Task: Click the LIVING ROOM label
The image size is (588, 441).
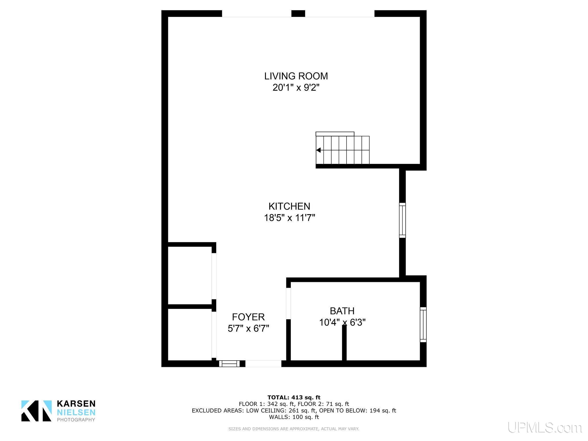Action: point(296,76)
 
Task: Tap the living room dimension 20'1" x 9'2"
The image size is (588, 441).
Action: point(296,88)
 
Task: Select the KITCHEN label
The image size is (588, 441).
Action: point(289,206)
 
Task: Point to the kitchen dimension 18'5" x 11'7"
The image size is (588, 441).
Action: point(289,218)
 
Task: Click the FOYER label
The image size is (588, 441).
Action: point(248,317)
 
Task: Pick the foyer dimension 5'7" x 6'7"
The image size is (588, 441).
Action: point(248,328)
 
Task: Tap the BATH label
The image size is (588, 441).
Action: point(342,311)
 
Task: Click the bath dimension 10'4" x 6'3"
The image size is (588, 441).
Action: point(342,322)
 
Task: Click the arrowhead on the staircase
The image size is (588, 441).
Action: point(318,150)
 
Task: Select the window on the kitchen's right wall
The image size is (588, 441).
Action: point(403,220)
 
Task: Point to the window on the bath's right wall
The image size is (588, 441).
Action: point(423,324)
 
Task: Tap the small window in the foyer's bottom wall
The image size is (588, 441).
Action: point(229,364)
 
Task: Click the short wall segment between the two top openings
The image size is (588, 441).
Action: point(298,13)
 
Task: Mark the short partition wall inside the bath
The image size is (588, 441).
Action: point(344,343)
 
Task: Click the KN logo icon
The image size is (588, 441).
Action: point(36,411)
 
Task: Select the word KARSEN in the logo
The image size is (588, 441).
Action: point(76,404)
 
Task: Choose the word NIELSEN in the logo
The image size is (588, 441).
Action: point(76,413)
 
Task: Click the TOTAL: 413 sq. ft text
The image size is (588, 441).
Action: point(294,398)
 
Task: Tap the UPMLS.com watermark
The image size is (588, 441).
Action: point(545,428)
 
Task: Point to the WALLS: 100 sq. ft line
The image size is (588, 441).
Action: point(294,417)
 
